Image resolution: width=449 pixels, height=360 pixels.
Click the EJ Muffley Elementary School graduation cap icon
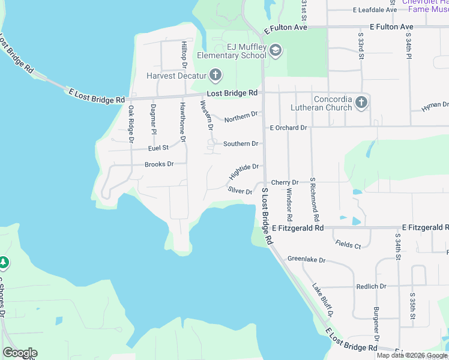point(276,50)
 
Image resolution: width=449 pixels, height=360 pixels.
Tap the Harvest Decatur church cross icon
point(215,76)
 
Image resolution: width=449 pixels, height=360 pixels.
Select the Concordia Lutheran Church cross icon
point(361,103)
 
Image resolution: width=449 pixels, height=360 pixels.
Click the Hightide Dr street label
point(244,172)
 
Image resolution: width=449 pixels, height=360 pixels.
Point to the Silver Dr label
point(240,190)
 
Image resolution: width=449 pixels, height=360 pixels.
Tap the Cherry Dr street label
point(285,182)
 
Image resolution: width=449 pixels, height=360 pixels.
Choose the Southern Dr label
point(241,144)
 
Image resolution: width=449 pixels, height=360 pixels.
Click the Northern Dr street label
point(241,116)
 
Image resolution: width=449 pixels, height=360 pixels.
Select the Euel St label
point(158,148)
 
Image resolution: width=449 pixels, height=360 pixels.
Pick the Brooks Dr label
point(159,164)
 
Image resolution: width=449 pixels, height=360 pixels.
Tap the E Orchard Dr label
point(288,128)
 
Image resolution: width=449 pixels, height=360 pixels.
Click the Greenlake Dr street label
point(306,260)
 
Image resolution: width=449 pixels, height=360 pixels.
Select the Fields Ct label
point(349,245)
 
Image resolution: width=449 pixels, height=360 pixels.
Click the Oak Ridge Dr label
point(131,124)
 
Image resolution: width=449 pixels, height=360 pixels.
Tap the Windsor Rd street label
point(289,204)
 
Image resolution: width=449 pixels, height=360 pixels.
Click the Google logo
point(20,353)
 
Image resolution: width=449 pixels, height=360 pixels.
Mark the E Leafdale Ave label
point(375,10)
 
